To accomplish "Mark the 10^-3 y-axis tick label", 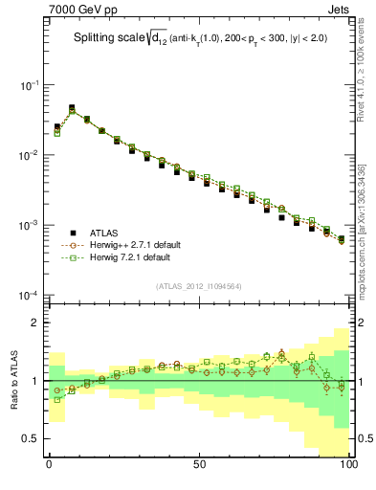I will pyautogui.click(x=30, y=225).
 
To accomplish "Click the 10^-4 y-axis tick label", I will pyautogui.click(x=30, y=295).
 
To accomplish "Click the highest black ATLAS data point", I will pyautogui.click(x=72, y=108).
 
